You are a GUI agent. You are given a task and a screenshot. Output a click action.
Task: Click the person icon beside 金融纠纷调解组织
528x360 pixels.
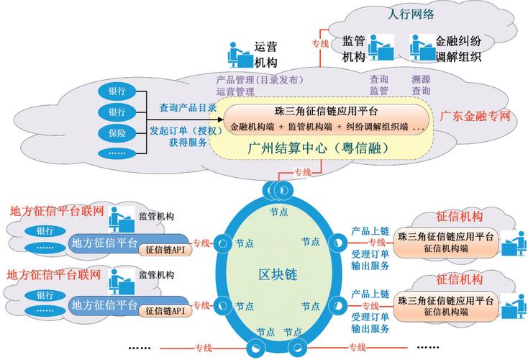point(419,49)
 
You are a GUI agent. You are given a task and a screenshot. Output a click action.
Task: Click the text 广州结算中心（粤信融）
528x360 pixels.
point(314,148)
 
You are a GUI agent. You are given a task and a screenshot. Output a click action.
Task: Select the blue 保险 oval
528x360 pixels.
point(117,133)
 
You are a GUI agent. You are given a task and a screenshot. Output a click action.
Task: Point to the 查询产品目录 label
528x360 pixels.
point(188,108)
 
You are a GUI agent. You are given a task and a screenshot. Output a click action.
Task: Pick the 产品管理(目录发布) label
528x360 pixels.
point(259,79)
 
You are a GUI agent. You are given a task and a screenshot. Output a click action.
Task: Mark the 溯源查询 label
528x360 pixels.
point(421,85)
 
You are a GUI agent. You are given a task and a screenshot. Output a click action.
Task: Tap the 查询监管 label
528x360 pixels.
point(379,85)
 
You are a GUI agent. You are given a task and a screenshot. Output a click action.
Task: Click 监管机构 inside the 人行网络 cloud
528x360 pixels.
point(354,49)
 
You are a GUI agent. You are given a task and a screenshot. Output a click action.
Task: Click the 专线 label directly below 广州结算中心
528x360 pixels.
point(303,172)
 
